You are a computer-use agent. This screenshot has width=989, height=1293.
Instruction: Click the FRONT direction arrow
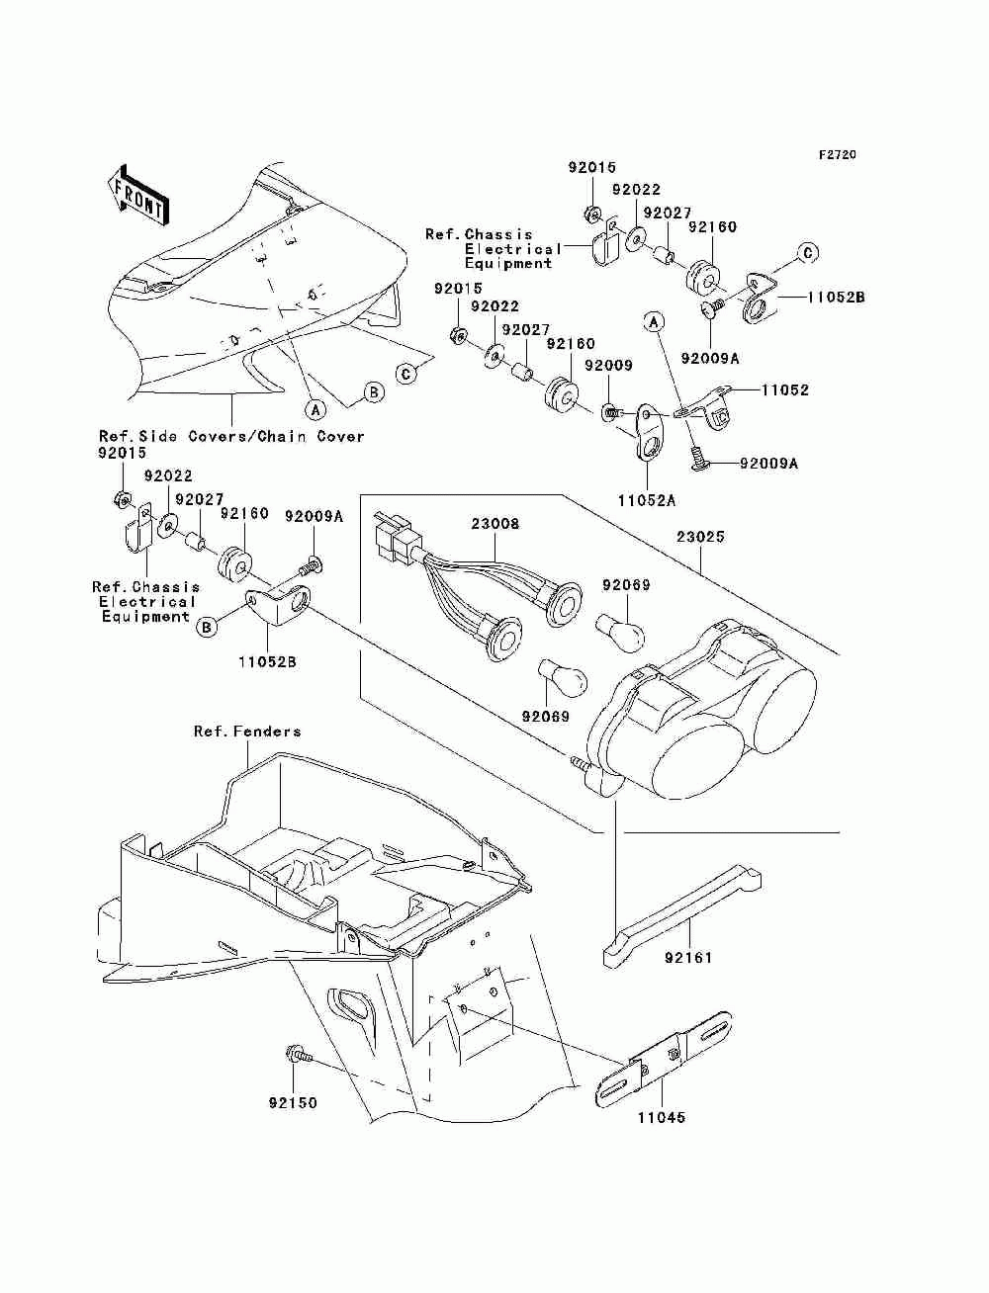(137, 195)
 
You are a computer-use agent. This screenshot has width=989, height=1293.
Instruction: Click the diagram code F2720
(837, 155)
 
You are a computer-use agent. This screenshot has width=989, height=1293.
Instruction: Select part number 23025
(700, 537)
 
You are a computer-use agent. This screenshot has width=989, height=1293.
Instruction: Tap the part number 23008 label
(495, 524)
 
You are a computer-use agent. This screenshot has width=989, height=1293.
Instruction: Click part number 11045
(662, 1117)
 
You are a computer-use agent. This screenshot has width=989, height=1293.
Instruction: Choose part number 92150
(293, 1103)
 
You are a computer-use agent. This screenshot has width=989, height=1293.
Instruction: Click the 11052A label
(647, 501)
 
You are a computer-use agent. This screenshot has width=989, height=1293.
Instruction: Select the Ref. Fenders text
(247, 732)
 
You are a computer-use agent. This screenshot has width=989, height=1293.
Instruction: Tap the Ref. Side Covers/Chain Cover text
(231, 437)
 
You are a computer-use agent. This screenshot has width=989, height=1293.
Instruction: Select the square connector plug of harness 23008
(392, 536)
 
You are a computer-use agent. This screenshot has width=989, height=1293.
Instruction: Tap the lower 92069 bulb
(562, 678)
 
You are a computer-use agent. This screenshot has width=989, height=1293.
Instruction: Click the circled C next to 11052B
(807, 253)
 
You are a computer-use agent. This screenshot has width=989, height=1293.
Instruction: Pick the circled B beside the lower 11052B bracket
(207, 628)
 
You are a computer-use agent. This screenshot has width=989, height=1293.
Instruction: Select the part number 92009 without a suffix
(608, 365)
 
